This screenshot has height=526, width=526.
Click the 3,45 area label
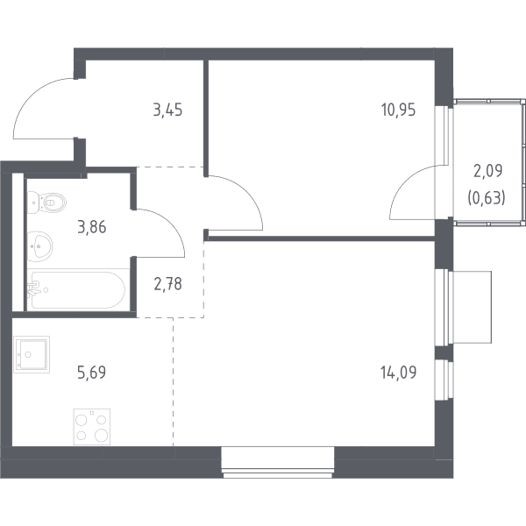[167, 110]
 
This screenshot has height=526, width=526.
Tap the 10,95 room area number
[399, 110]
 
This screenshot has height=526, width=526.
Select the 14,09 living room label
[399, 373]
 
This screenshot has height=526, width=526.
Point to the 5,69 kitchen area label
[91, 373]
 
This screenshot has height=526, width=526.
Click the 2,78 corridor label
[167, 284]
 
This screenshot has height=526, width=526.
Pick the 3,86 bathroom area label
[91, 227]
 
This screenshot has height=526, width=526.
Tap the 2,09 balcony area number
[487, 171]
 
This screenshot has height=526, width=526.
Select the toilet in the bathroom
[46, 203]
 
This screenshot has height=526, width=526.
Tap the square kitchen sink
[32, 354]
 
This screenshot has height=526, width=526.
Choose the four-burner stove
[92, 427]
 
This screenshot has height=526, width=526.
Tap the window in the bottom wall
[278, 462]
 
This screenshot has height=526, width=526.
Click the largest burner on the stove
[101, 436]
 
